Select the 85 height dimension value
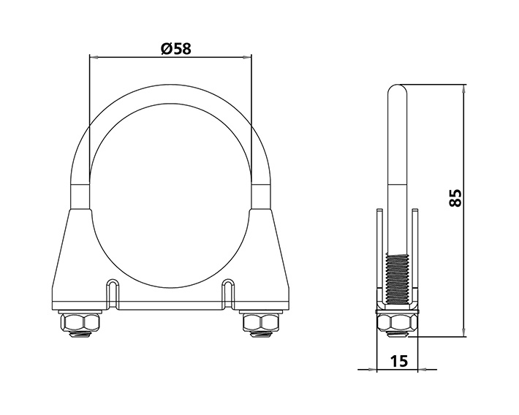pos(455,197)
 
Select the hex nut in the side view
pos(396,322)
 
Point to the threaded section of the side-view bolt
pos(396,278)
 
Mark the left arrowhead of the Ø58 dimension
pos(93,56)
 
